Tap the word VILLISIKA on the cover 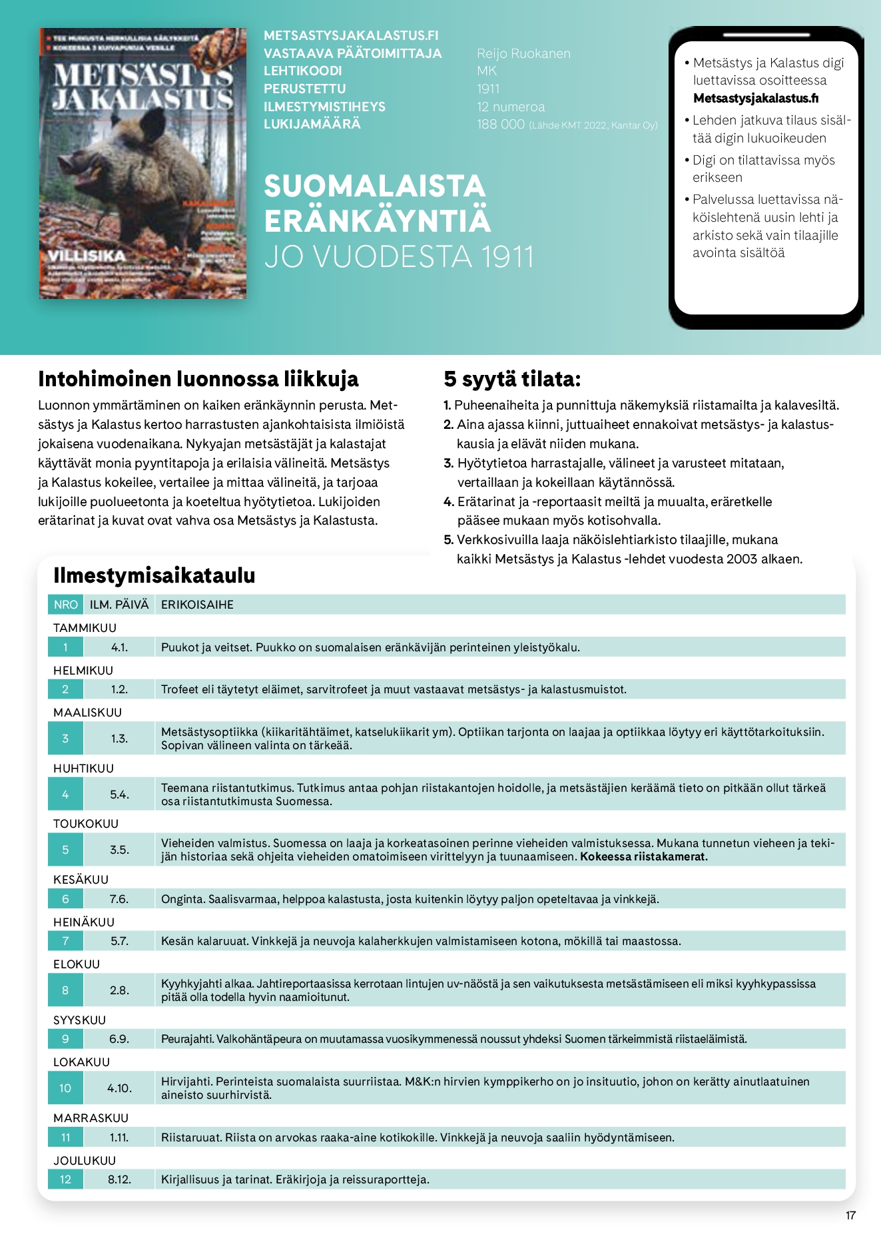tap(87, 256)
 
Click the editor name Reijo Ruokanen tap(523, 53)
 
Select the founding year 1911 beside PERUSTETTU tap(488, 89)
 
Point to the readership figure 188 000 tap(501, 125)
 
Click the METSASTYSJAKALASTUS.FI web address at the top tap(351, 35)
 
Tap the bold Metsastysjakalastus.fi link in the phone tap(756, 99)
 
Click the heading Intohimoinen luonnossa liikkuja tap(198, 379)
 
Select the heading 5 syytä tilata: tap(512, 379)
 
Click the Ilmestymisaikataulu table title tap(154, 575)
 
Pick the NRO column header tap(66, 605)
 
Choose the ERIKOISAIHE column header tap(197, 605)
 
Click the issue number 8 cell tap(65, 990)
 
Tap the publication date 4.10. tap(120, 1088)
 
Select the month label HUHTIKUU tap(83, 768)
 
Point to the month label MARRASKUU tap(91, 1117)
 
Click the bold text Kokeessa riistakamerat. tap(643, 856)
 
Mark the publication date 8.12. tap(120, 1179)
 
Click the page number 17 tap(850, 1215)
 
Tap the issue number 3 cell tap(65, 739)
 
